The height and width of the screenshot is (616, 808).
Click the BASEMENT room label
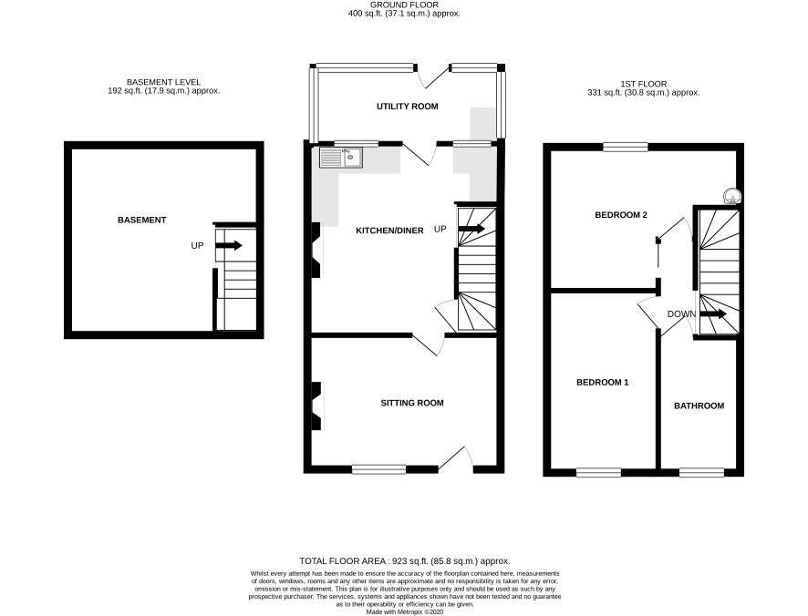coord(141,220)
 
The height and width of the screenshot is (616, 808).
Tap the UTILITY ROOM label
coord(407,106)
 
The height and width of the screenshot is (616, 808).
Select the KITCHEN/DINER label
coord(389,231)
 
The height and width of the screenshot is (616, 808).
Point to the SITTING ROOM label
coord(411,403)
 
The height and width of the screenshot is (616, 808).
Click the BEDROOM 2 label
coord(620,215)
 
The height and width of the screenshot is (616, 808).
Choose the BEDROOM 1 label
coord(602,382)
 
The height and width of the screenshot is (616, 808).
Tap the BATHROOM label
coord(699,406)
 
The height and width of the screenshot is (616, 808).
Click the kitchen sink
coord(340,158)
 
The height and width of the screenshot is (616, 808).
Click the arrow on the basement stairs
coord(229,246)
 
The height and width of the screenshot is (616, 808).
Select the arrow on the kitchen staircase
coord(471,229)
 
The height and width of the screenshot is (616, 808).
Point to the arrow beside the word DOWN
coord(713,313)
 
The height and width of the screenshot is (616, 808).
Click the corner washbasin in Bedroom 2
coord(731,196)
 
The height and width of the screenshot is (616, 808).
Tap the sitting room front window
coord(379,469)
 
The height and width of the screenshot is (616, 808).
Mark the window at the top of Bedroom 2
coord(626,148)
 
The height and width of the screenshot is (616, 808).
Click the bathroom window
coord(701,472)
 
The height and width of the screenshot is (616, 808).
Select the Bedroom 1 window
coord(598,472)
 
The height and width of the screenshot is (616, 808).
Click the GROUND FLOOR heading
coord(404,5)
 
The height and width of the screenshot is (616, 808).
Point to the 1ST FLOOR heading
coord(644,84)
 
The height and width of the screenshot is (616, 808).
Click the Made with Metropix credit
coord(405,611)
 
